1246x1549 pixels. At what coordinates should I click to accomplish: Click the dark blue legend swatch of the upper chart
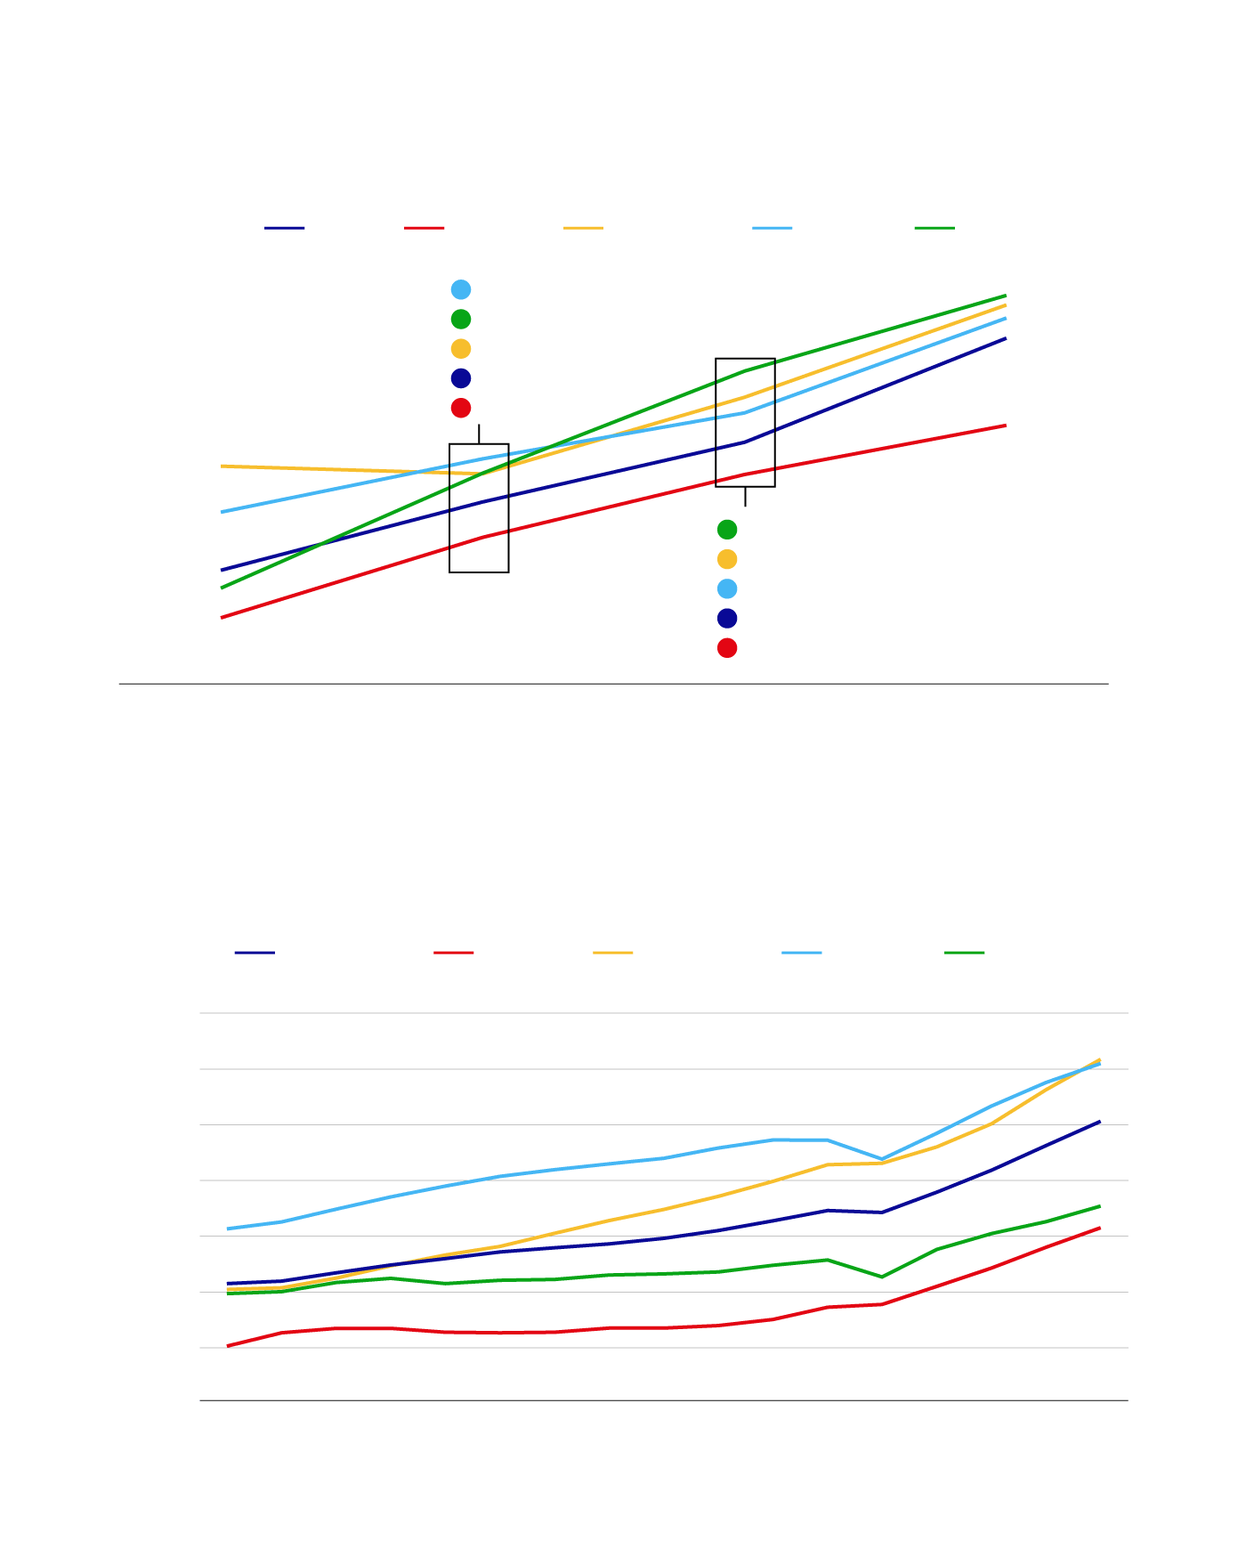pos(284,228)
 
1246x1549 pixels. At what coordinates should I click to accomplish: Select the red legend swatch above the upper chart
pos(424,228)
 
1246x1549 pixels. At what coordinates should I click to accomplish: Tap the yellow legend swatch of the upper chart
pos(583,228)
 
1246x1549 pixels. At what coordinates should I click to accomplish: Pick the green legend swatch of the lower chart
pos(964,953)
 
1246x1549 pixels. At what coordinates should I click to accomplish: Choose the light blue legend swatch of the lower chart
pos(801,953)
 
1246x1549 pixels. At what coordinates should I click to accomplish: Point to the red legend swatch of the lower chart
pos(453,953)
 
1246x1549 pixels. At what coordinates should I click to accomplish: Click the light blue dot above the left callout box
pos(461,289)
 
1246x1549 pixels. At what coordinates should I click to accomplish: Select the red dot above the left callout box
pos(461,408)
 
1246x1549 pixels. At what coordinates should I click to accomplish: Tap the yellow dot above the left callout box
pos(461,349)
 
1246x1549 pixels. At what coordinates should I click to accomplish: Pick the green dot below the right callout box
pos(727,530)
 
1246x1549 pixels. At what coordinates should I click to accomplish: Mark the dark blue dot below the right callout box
pos(727,619)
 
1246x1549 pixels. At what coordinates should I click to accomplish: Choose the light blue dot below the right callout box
pos(727,588)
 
